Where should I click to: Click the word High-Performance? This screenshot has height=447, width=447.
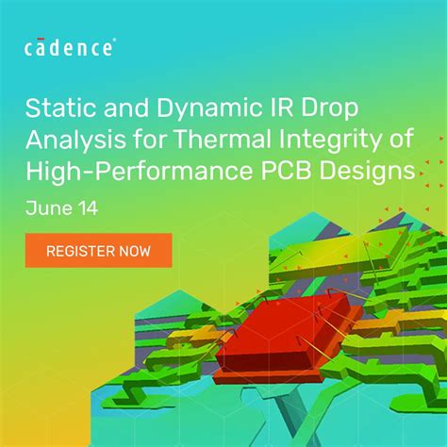pyautogui.click(x=142, y=172)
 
